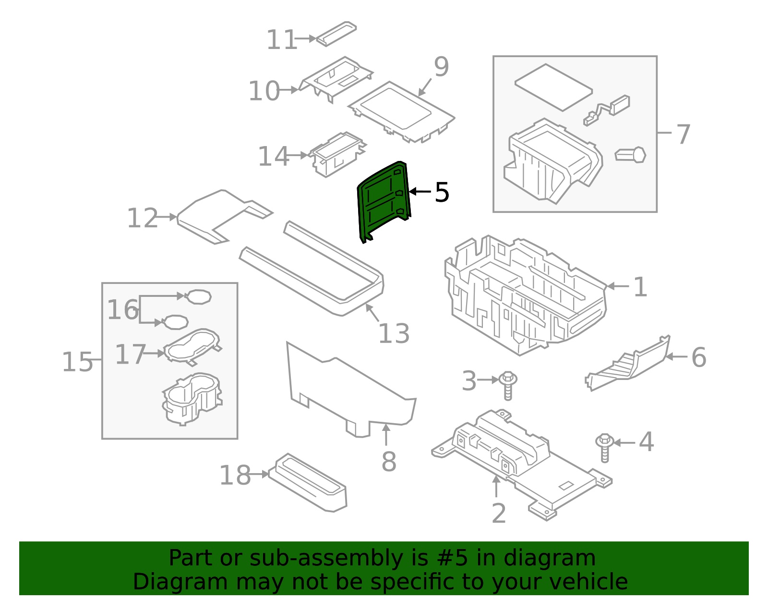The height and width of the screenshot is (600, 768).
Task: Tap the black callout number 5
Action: pyautogui.click(x=442, y=192)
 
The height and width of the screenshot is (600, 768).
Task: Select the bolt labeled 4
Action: pyautogui.click(x=605, y=447)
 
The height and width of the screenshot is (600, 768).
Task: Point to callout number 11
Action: pyautogui.click(x=282, y=40)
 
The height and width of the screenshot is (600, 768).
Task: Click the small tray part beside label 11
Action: pyautogui.click(x=336, y=34)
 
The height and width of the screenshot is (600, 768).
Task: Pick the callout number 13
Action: pyautogui.click(x=394, y=333)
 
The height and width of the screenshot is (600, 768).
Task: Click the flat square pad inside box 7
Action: pyautogui.click(x=553, y=87)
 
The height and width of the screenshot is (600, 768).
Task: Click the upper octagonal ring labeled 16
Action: pyautogui.click(x=198, y=296)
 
